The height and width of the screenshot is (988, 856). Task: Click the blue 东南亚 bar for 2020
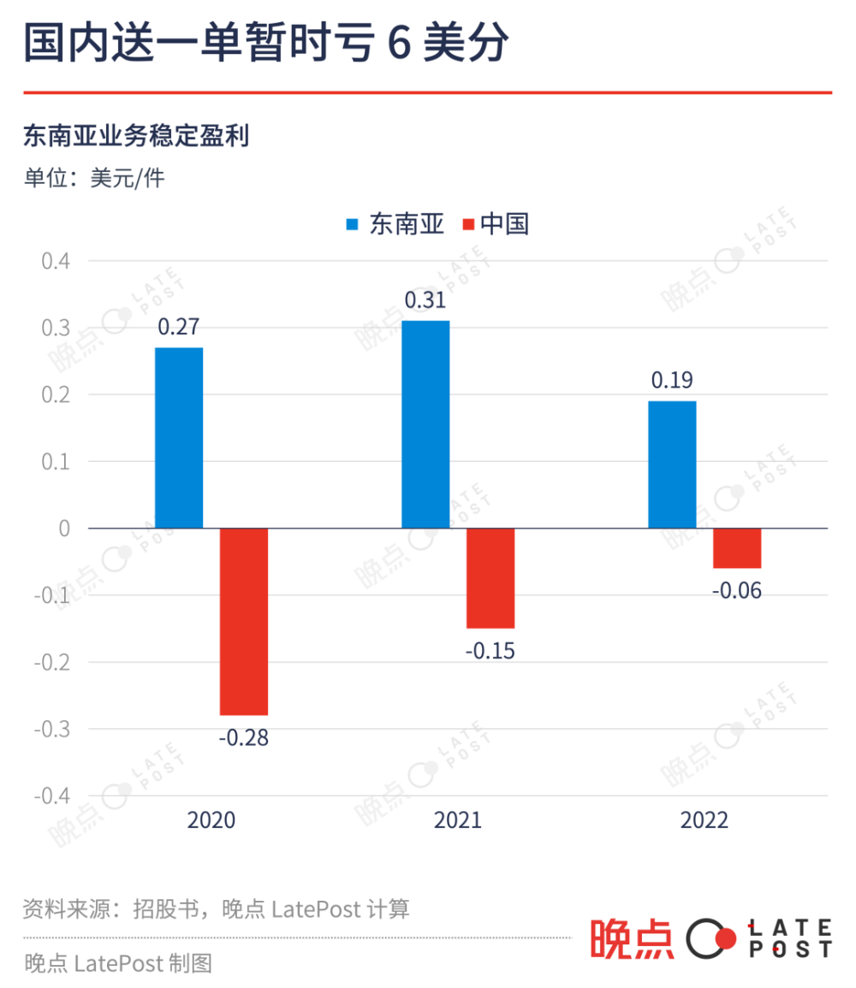179,437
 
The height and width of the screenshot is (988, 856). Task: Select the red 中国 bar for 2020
244,621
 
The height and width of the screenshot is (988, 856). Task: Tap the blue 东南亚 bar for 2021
425,424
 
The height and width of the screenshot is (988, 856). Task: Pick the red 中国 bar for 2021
490,577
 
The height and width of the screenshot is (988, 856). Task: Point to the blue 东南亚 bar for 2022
672,464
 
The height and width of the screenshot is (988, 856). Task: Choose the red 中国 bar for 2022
737,547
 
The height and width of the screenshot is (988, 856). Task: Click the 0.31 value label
425,301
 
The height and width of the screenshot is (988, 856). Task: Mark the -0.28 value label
244,737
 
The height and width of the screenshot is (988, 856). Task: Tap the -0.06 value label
737,590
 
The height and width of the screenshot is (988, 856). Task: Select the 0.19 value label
672,381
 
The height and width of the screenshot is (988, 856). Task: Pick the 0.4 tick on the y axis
56,260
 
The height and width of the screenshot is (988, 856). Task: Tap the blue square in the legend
352,224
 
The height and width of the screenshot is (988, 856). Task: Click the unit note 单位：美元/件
94,178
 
